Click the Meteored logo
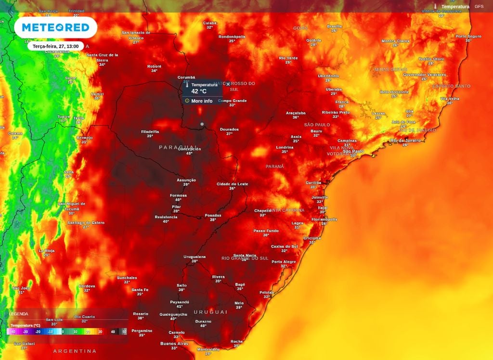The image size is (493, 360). (55, 27)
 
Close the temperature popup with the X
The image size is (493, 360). (228, 84)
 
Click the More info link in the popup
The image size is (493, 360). (201, 101)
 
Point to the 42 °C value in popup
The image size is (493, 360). (199, 91)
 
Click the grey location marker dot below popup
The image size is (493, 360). (202, 124)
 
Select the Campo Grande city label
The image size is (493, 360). (233, 101)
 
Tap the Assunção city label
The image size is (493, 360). (186, 180)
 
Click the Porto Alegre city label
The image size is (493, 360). (284, 262)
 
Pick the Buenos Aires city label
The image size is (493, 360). (175, 343)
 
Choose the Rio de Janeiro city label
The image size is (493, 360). (405, 141)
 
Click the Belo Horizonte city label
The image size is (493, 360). (394, 92)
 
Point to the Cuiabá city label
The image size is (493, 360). (209, 23)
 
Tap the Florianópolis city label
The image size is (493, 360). (324, 219)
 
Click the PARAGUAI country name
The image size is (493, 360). (179, 147)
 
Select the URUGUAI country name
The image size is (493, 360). (210, 312)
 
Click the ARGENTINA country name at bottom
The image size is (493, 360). (75, 351)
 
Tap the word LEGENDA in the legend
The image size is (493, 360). (18, 314)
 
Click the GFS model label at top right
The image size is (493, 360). (479, 6)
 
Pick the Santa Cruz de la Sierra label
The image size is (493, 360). (102, 57)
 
